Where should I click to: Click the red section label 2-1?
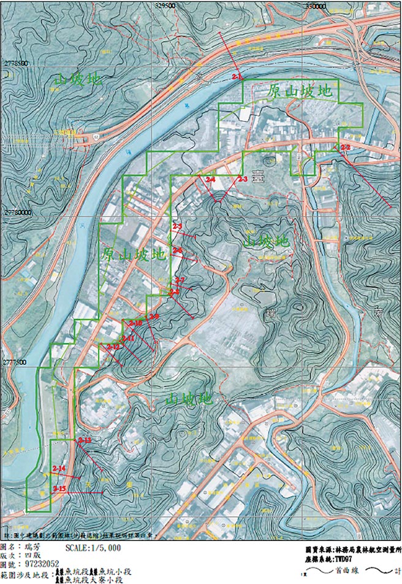[x=238, y=77]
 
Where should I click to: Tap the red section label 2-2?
[x=345, y=148]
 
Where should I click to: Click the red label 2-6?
[x=178, y=250]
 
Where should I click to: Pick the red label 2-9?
[x=154, y=316]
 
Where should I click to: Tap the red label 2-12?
[x=113, y=347]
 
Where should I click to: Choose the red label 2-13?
[x=85, y=440]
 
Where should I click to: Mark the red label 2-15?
[x=59, y=488]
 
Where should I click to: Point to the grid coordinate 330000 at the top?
[x=314, y=5]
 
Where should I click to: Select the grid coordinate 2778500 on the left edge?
[x=16, y=63]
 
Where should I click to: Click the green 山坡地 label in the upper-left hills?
[x=78, y=79]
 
